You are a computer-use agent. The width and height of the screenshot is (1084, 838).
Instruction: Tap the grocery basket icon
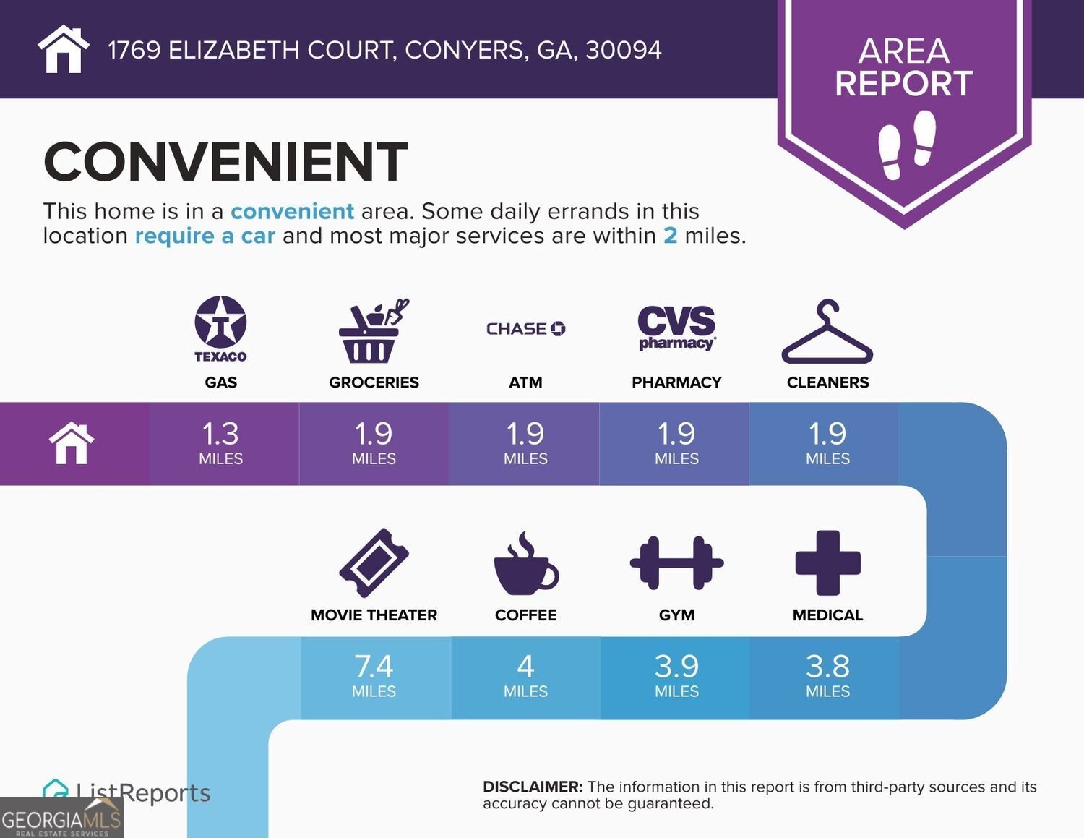[374, 331]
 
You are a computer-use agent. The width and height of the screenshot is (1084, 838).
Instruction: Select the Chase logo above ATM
[526, 329]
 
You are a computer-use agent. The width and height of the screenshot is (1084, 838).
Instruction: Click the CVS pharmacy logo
[676, 328]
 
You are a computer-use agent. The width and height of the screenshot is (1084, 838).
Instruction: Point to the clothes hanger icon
[827, 331]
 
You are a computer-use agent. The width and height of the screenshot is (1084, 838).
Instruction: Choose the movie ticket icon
[374, 563]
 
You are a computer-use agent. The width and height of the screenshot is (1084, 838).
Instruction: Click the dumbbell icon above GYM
[677, 563]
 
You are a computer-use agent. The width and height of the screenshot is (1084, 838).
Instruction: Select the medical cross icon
[828, 563]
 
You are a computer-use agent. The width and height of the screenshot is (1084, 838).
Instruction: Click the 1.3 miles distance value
[220, 435]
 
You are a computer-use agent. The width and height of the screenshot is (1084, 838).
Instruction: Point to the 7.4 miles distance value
[374, 667]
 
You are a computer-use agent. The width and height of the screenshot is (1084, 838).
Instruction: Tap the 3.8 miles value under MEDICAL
[828, 667]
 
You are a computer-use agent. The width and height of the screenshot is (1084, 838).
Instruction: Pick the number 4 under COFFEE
[526, 667]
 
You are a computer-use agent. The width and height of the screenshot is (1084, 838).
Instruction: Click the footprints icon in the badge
[907, 145]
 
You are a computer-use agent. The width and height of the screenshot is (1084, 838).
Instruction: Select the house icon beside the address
[64, 49]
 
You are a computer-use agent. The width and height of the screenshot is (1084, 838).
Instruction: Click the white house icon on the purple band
[72, 442]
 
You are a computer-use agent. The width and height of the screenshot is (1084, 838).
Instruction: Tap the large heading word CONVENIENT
[225, 161]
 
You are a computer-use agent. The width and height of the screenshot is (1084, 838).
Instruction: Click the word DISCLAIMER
[533, 787]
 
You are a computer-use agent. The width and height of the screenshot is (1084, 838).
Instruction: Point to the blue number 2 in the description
[671, 236]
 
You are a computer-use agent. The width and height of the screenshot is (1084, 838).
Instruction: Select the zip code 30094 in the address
[624, 50]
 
